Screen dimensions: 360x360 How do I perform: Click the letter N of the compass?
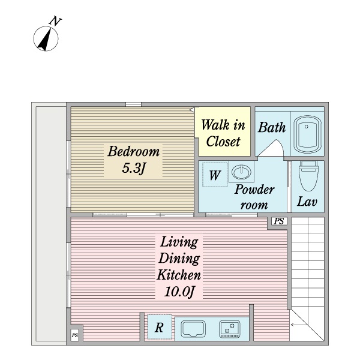point(55,21)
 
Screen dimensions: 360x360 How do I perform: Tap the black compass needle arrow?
point(45,40)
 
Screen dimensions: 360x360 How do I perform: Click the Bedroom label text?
point(133,151)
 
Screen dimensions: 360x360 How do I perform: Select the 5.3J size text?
point(134,168)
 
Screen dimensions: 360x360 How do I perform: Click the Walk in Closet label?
point(223,133)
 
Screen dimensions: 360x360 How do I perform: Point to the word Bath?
point(272,127)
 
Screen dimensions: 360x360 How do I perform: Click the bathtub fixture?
point(307,134)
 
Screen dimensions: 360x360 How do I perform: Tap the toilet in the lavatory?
point(309,176)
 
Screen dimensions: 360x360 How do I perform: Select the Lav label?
point(307,202)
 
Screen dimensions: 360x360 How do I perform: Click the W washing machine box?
point(215,175)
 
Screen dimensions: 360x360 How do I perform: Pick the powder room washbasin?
point(241,172)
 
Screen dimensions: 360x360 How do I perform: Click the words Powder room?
point(254,197)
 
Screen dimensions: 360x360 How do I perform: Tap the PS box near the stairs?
point(279,221)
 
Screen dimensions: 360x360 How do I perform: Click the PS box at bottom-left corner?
point(75,335)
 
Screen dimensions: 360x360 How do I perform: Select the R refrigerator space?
point(160,327)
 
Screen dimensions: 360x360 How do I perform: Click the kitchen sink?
point(193,329)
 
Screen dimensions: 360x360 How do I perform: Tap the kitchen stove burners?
point(230,329)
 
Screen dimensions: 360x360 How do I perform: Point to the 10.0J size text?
point(179,292)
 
